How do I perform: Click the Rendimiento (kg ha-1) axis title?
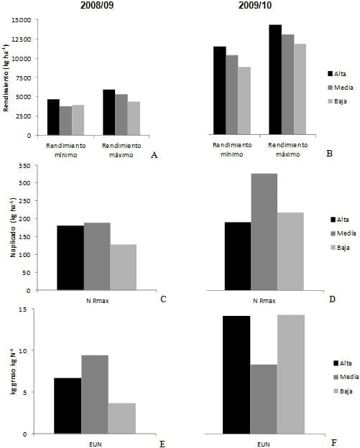[x=6, y=77]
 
